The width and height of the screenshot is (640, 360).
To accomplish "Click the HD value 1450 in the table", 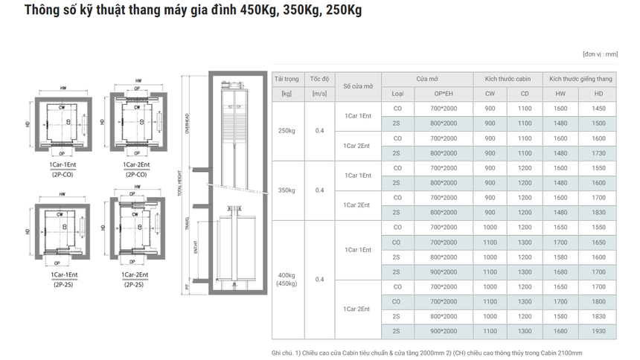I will click(x=598, y=109).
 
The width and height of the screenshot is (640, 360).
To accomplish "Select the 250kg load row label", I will click(x=287, y=131).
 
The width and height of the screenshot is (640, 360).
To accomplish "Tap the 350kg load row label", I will click(x=287, y=190).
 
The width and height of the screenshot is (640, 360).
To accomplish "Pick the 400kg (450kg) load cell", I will click(x=287, y=279).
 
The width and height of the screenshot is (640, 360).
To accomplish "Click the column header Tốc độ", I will click(x=319, y=79).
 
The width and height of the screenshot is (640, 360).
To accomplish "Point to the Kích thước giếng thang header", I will click(x=580, y=79).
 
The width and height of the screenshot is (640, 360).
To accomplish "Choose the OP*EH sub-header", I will click(x=445, y=94).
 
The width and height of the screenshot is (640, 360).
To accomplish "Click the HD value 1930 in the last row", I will click(x=598, y=332).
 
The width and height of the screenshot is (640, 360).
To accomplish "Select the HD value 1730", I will click(x=598, y=153).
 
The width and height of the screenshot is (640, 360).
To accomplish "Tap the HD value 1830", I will click(x=598, y=213).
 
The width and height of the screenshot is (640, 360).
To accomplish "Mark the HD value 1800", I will click(x=598, y=302).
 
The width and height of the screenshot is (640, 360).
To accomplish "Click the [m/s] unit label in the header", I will click(x=319, y=94).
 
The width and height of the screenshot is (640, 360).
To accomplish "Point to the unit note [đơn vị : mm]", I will click(x=600, y=54).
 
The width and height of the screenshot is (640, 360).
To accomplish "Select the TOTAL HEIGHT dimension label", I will click(x=179, y=181).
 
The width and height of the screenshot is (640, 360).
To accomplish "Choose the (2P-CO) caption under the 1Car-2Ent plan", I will click(x=135, y=174).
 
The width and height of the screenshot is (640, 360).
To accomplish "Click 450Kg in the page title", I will click(x=257, y=11).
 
